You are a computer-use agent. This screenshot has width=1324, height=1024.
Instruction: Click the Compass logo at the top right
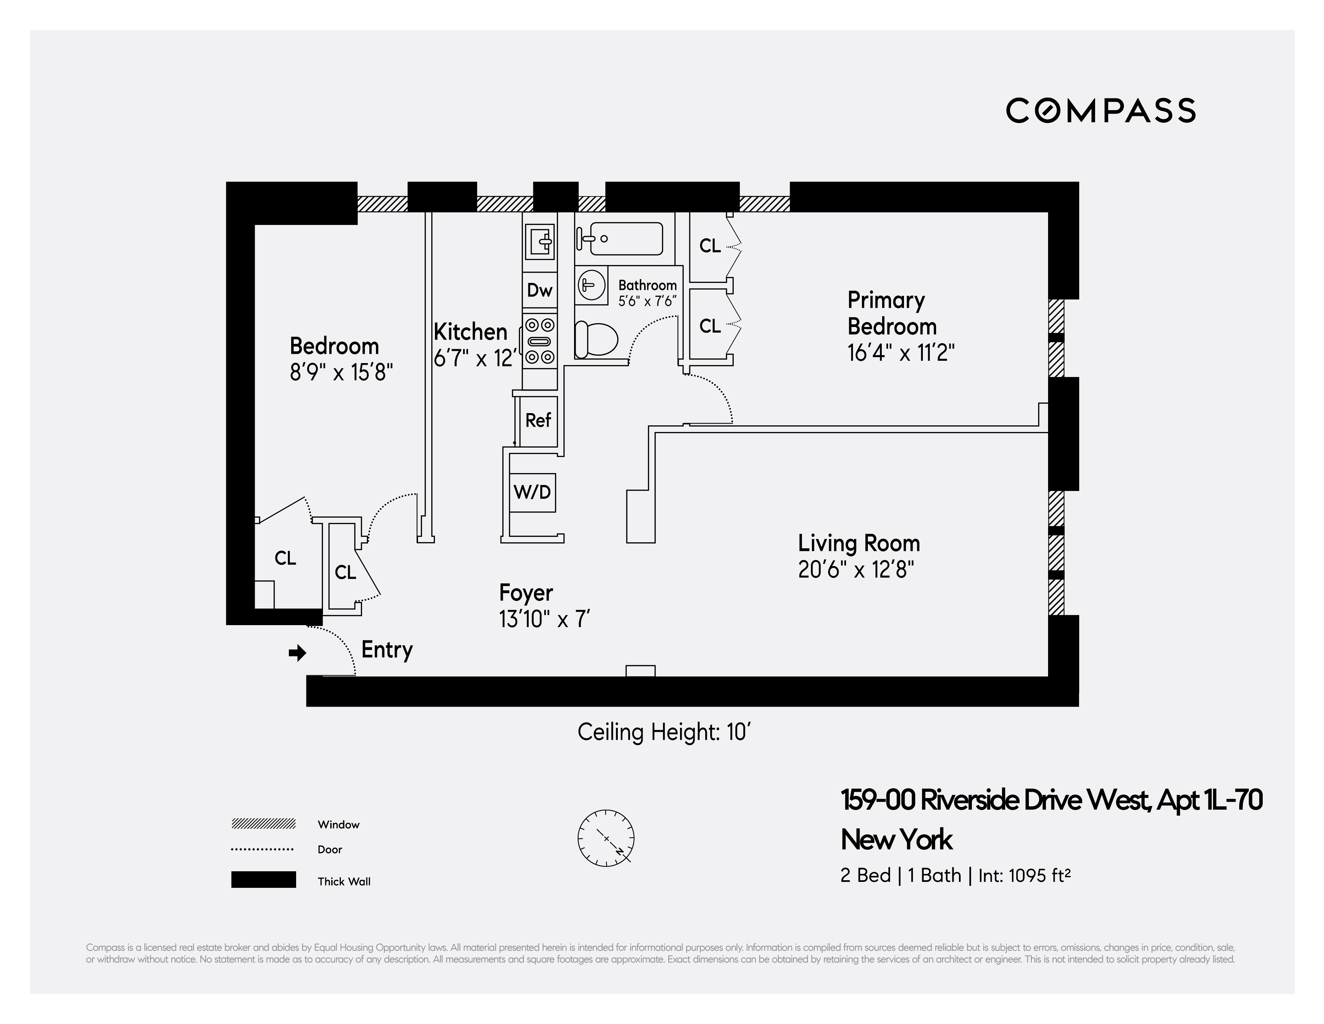1100,111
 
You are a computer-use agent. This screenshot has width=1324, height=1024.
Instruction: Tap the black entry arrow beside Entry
297,653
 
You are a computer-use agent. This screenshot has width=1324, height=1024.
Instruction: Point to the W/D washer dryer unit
532,492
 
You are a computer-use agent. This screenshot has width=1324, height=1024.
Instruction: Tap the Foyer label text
526,592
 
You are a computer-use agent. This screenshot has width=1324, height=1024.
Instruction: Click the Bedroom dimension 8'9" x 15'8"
341,372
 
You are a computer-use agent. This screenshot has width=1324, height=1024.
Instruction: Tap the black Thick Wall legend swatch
263,880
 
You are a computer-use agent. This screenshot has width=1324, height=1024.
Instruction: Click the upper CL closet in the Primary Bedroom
710,245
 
